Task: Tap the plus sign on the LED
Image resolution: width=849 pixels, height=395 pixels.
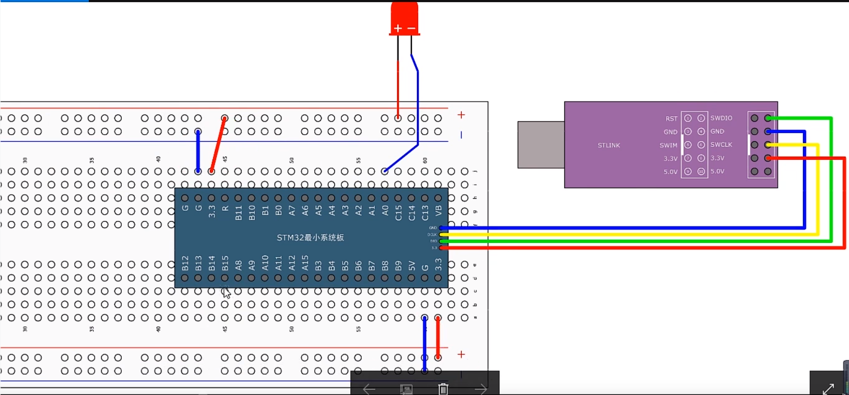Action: click(398, 29)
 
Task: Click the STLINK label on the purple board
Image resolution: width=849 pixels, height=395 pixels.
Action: click(608, 145)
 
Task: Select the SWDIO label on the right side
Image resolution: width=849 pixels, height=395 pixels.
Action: click(721, 118)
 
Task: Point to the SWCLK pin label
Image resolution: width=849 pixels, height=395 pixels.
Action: click(721, 145)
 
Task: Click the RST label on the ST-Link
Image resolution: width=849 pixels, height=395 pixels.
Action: click(671, 119)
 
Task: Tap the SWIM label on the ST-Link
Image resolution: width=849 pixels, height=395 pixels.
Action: click(668, 145)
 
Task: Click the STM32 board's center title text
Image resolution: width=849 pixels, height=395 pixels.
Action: click(310, 237)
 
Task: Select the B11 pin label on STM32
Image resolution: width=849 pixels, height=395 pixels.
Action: click(239, 213)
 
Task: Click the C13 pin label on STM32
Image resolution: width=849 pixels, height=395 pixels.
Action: click(425, 213)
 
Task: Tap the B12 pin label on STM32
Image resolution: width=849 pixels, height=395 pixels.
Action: click(185, 263)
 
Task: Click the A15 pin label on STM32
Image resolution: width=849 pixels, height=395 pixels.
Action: click(305, 263)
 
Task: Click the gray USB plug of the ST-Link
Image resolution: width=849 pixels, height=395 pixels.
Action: click(541, 144)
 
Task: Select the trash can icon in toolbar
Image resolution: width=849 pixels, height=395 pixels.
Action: click(443, 388)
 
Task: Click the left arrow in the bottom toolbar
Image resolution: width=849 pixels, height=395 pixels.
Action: click(369, 389)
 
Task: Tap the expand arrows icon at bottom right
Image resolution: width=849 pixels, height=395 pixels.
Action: click(828, 388)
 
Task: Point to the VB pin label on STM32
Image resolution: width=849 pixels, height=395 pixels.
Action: click(439, 211)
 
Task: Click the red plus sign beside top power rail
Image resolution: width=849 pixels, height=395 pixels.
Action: click(461, 115)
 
